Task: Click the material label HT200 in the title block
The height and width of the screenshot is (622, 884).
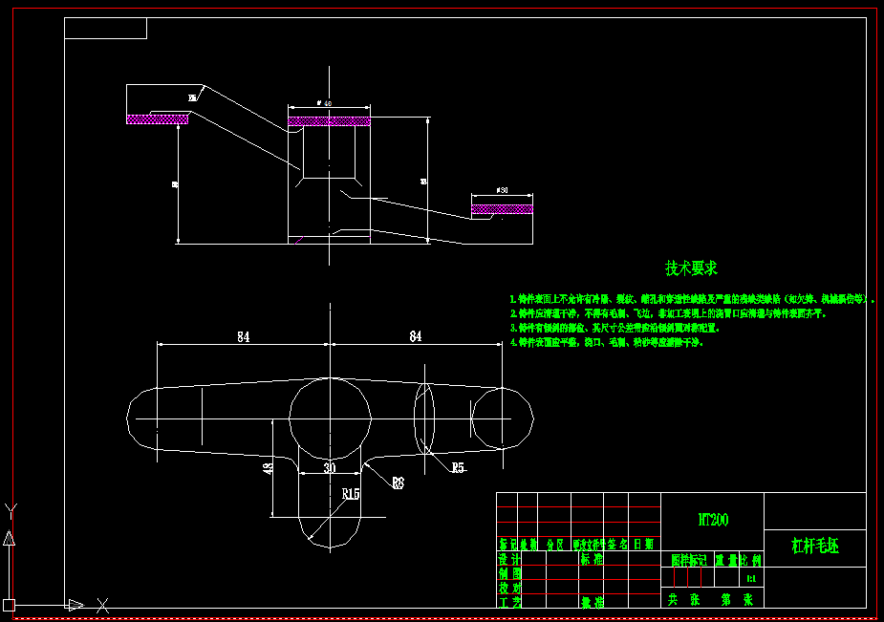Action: click(x=713, y=521)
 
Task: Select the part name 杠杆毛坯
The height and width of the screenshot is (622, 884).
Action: click(x=814, y=547)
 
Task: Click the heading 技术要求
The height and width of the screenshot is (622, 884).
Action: click(x=691, y=268)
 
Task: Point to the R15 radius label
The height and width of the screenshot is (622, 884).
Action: click(x=350, y=494)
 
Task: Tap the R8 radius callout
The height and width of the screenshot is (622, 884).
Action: click(x=398, y=483)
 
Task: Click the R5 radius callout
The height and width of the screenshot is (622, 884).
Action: click(x=458, y=467)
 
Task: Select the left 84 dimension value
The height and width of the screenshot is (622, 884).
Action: click(x=244, y=336)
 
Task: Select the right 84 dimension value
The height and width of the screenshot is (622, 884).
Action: click(x=416, y=336)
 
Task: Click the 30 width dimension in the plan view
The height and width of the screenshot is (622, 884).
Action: click(x=330, y=468)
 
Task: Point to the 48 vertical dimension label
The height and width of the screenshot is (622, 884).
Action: click(x=269, y=467)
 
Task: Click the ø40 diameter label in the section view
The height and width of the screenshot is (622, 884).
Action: click(x=324, y=103)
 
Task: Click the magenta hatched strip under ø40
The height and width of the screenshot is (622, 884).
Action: click(x=329, y=121)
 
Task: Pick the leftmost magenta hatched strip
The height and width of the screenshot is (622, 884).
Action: click(x=158, y=118)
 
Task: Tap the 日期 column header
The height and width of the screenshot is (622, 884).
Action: click(x=643, y=544)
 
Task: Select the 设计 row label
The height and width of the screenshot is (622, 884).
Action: click(x=508, y=559)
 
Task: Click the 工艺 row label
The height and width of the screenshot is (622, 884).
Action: click(x=508, y=602)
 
